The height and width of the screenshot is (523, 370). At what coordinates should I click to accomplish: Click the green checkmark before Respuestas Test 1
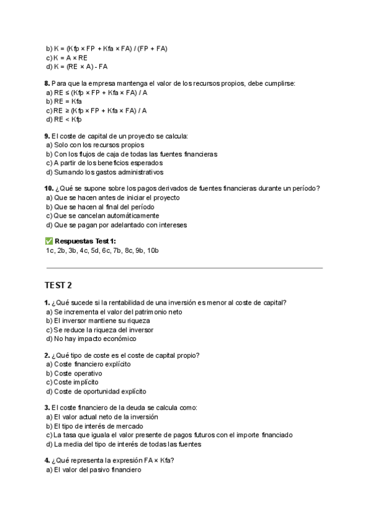pyautogui.click(x=49, y=241)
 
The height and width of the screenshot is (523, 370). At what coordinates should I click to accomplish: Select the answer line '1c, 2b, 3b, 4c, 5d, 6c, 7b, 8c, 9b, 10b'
pyautogui.click(x=102, y=250)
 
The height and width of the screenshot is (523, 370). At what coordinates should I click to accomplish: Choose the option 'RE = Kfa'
pyautogui.click(x=64, y=101)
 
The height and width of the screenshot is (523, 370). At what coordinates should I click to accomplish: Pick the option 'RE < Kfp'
pyautogui.click(x=64, y=120)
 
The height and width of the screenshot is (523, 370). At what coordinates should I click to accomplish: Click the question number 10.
pyautogui.click(x=49, y=188)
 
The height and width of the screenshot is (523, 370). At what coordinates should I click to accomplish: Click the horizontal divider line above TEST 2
pyautogui.click(x=184, y=268)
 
